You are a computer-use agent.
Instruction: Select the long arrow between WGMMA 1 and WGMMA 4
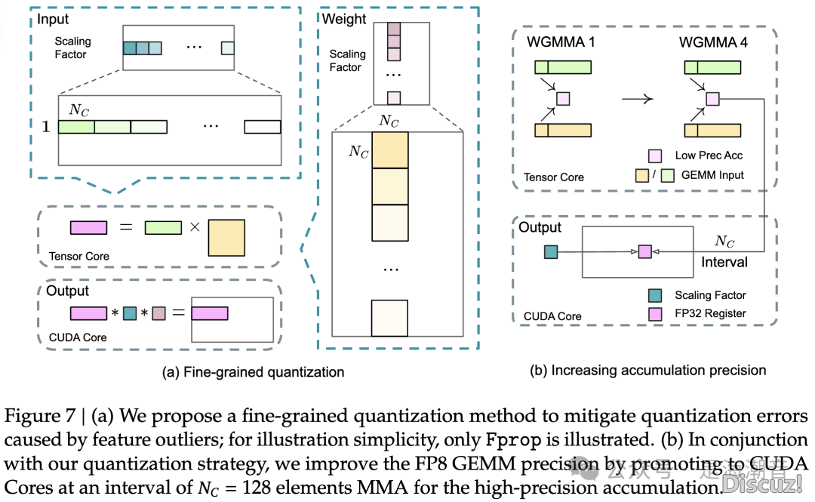637,97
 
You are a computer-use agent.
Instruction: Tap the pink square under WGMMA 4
712,98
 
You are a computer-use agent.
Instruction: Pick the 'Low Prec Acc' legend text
709,155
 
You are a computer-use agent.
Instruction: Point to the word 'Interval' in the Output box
724,262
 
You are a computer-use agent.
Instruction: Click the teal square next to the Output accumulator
551,251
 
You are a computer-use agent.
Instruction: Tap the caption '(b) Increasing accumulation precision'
647,370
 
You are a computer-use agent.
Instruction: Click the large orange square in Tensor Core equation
226,237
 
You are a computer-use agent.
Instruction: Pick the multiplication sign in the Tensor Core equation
195,226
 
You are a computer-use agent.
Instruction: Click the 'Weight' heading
345,18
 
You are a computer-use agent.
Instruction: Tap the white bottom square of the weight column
389,318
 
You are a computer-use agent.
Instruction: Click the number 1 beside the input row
46,127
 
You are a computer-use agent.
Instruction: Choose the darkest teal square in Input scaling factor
129,48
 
